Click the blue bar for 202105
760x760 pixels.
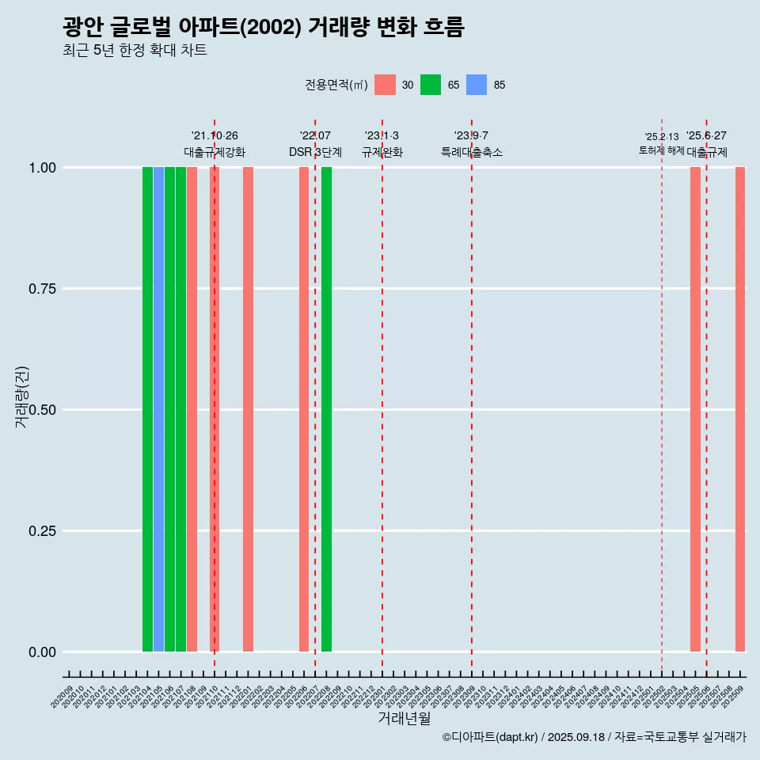[x=158, y=409]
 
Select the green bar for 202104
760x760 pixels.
[x=147, y=409]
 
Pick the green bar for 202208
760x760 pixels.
[x=326, y=409]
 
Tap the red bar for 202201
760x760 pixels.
[x=248, y=409]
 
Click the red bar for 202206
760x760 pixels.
[x=304, y=409]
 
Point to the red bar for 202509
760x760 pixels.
[x=740, y=409]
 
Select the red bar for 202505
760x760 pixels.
[x=695, y=409]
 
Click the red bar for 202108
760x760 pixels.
[x=192, y=409]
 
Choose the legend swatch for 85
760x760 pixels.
[x=477, y=85]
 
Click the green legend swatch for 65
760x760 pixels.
[x=431, y=85]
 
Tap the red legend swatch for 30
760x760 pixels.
[x=385, y=85]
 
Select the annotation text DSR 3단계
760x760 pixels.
[x=315, y=152]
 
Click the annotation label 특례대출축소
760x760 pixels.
[x=472, y=152]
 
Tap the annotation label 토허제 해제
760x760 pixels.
[x=661, y=150]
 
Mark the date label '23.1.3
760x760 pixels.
[x=382, y=136]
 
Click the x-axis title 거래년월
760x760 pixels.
[x=404, y=718]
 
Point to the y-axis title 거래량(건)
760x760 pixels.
[x=21, y=397]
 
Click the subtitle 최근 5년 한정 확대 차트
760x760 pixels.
[x=135, y=51]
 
